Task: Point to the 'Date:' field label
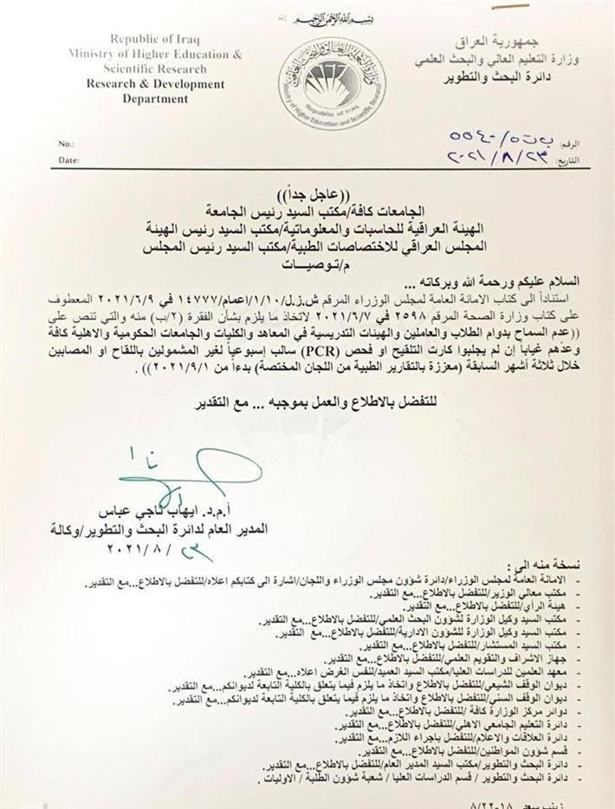click(68, 160)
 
